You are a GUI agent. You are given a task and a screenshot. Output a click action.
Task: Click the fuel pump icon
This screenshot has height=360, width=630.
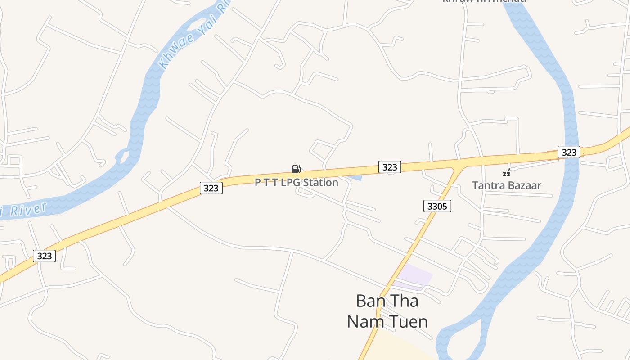296,169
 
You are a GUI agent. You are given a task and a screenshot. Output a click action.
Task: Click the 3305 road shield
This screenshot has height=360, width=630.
437,207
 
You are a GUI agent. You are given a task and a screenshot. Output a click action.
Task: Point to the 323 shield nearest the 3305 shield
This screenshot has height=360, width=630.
390,167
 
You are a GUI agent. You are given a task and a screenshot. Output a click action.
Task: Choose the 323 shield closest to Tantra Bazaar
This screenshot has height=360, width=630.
569,152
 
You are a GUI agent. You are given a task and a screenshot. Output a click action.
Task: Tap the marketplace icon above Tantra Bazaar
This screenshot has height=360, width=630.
507,173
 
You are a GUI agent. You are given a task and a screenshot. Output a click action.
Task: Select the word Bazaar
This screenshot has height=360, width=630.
524,185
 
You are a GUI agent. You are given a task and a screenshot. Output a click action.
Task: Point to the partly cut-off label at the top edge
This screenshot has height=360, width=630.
484,1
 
